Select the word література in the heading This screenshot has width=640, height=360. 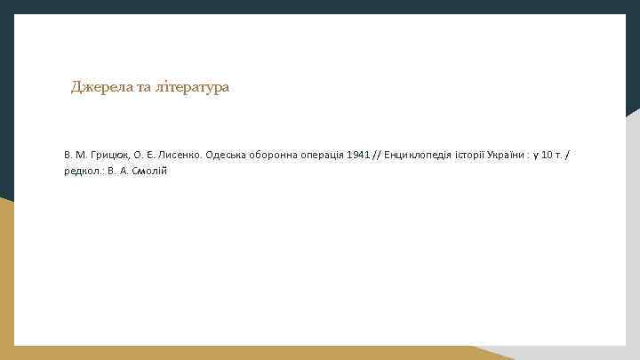(192, 87)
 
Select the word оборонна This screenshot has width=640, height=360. (276, 155)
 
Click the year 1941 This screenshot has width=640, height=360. (360, 155)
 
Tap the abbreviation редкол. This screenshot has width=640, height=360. (83, 171)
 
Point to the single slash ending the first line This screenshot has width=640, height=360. (569, 155)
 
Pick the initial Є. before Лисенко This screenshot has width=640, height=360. (152, 155)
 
